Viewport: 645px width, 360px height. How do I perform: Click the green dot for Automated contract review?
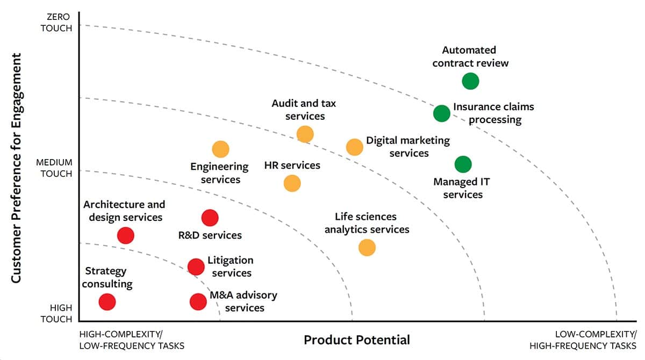(470, 81)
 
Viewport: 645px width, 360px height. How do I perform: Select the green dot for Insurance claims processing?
(441, 113)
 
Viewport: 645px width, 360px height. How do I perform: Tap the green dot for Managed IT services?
(463, 164)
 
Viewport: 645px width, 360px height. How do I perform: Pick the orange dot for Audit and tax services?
(305, 134)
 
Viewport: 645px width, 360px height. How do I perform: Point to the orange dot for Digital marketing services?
(354, 147)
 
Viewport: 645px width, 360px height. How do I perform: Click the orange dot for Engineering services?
(220, 149)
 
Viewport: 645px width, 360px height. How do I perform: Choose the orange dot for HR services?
(291, 183)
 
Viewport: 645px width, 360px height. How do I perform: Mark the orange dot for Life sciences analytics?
(367, 247)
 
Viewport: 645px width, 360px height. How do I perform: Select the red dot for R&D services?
(210, 218)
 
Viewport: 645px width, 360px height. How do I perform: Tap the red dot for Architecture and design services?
(125, 235)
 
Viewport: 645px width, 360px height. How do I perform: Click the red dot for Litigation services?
(196, 266)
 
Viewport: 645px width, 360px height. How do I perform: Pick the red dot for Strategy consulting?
(107, 302)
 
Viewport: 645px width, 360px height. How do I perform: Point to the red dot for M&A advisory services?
(198, 302)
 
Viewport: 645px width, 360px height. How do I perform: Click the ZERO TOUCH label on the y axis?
(56, 23)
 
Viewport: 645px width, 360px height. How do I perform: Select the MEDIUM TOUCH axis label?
(54, 168)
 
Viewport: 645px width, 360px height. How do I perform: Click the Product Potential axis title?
(356, 340)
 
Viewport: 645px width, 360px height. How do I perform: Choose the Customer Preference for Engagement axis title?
(16, 168)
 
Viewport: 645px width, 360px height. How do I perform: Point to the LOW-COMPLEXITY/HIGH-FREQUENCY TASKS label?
(583, 340)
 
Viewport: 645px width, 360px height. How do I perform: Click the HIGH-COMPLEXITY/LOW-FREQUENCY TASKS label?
(132, 340)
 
